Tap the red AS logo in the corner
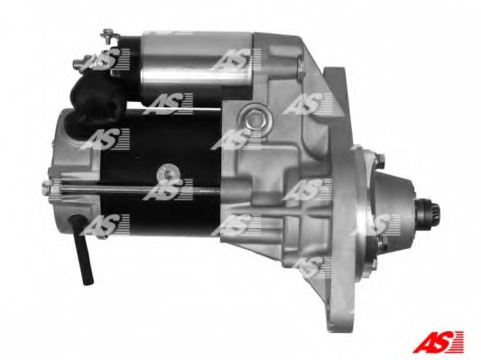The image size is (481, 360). pyautogui.click(x=438, y=341)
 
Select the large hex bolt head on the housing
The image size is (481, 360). pyautogui.click(x=254, y=118)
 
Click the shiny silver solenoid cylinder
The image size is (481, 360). pyautogui.click(x=197, y=60)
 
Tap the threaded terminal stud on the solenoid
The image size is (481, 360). pyautogui.click(x=80, y=63)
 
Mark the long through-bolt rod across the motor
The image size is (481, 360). pyautogui.click(x=135, y=189)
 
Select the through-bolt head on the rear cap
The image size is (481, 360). pyautogui.click(x=46, y=187)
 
